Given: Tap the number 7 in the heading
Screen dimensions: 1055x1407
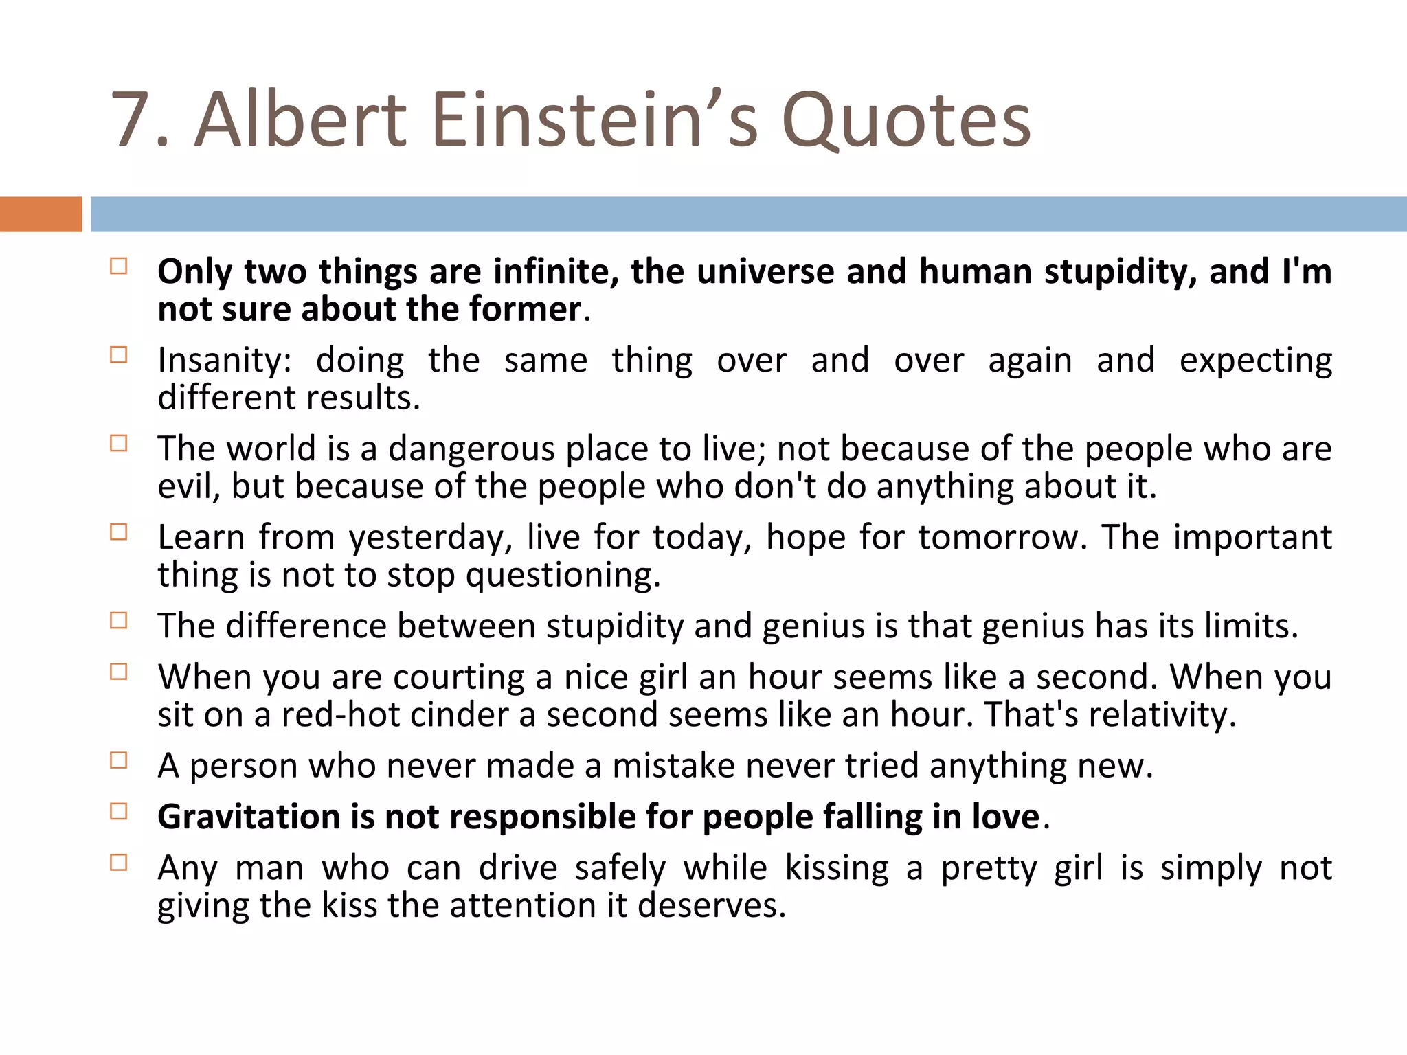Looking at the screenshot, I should pos(132,120).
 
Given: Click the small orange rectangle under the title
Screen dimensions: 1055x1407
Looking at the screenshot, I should pos(41,214).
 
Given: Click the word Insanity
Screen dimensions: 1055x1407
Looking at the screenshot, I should pos(224,361).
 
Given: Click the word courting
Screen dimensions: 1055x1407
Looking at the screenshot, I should pos(459,677).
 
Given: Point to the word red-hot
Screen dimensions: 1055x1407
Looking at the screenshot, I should pos(341,714).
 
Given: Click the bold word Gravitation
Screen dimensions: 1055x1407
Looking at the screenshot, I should pos(249,817).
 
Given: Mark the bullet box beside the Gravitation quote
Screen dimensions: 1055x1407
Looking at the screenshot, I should pos(119,812).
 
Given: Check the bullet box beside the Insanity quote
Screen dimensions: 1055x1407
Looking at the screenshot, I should pos(119,355).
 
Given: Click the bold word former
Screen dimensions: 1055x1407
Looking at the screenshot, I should pos(525,309).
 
